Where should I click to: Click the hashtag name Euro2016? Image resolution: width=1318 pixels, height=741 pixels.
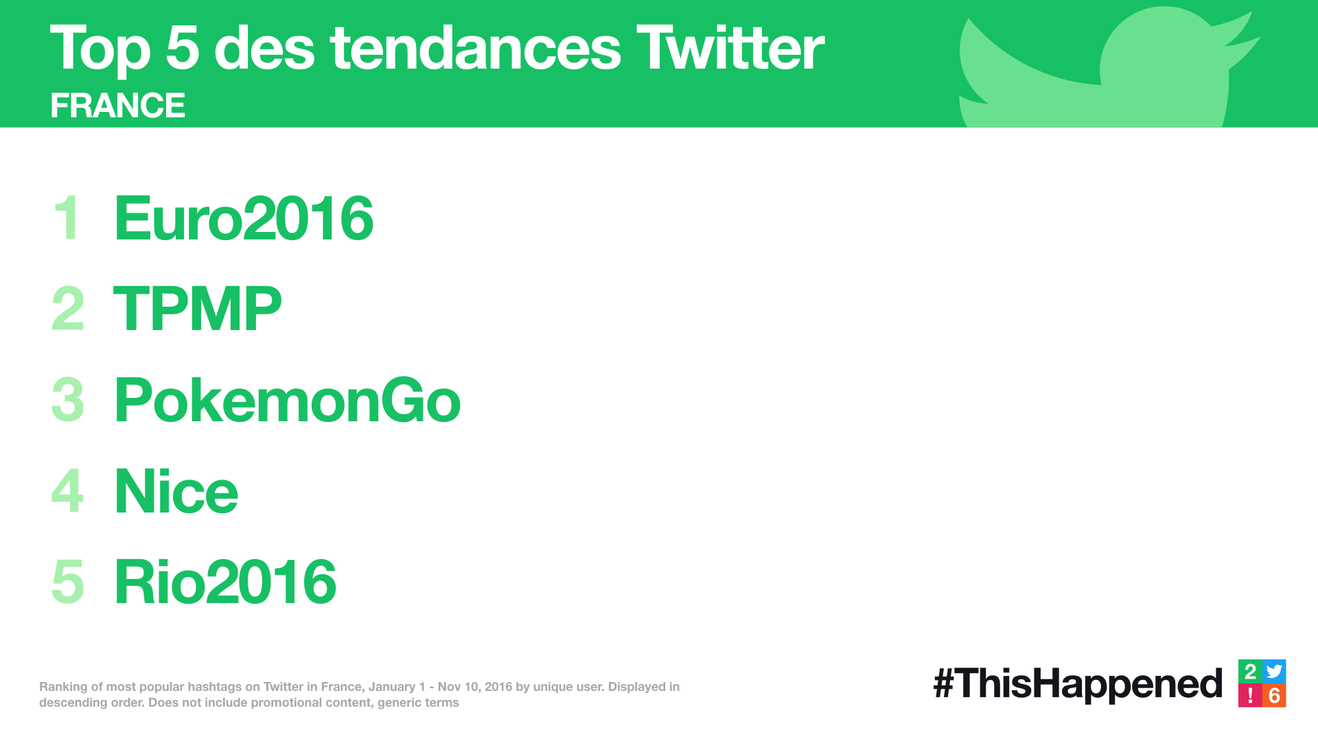point(244,218)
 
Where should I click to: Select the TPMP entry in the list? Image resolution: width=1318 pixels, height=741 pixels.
point(198,309)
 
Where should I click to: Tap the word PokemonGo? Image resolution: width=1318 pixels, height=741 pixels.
point(288,400)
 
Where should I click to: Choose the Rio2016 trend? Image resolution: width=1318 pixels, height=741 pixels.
point(225,582)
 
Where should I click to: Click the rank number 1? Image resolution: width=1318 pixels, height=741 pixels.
point(67,217)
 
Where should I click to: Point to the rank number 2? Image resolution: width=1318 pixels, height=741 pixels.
point(68,309)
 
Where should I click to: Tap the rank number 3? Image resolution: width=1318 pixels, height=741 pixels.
point(68,400)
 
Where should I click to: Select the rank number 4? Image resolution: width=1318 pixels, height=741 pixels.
point(67,491)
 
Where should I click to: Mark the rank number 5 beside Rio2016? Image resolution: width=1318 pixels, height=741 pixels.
point(68,582)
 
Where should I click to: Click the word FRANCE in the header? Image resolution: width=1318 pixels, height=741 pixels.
point(117,106)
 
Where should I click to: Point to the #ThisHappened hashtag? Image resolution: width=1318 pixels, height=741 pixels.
point(1078,684)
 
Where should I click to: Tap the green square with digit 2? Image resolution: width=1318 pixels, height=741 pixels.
point(1250,672)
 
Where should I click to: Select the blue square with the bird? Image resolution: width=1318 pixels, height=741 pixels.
point(1275,672)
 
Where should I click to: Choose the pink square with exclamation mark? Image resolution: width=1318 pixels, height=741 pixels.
point(1250,696)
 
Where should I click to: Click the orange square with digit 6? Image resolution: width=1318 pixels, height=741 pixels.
point(1275,696)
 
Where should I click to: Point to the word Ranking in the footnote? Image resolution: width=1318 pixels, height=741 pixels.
point(63,687)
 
